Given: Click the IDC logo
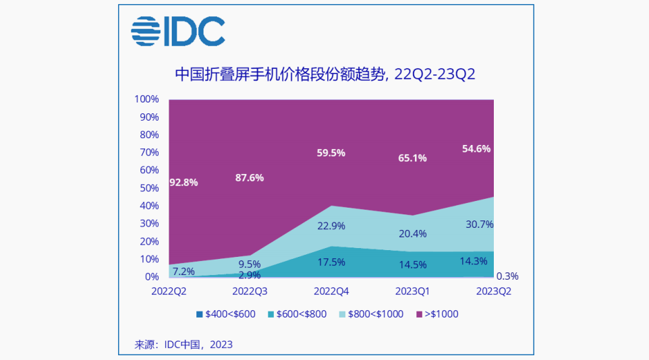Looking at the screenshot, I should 177,32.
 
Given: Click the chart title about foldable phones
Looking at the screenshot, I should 324,73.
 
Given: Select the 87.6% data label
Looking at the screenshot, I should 249,178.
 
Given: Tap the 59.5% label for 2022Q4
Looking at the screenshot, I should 331,153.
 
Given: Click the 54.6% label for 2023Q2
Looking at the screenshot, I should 476,148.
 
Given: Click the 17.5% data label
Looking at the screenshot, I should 331,262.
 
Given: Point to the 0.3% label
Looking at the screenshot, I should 507,276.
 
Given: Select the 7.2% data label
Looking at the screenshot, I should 184,272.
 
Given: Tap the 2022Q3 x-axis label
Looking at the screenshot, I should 250,291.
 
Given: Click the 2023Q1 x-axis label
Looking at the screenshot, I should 412,291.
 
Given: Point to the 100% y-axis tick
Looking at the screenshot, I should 146,99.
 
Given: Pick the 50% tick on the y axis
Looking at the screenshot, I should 149,188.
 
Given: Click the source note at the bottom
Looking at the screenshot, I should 184,344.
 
